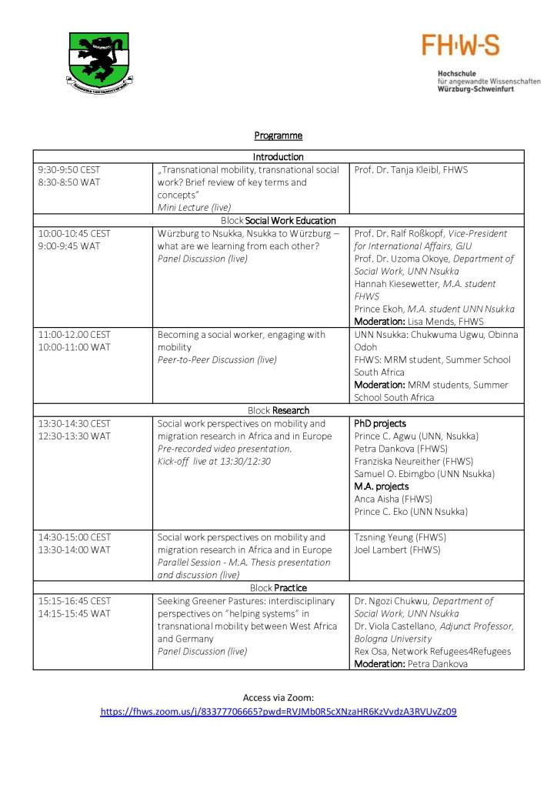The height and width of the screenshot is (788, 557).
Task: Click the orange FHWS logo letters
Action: pos(460,45)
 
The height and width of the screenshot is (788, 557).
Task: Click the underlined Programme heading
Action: pos(278,135)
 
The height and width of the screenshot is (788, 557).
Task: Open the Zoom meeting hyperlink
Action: pos(278,712)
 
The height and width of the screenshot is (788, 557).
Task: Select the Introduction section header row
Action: pos(278,157)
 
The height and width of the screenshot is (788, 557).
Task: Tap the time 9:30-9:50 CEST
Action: pos(69,169)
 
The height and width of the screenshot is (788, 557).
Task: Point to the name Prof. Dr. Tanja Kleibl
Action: pos(411,169)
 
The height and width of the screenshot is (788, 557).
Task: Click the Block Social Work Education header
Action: pos(278,221)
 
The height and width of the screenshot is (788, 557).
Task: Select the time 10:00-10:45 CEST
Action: pos(74,233)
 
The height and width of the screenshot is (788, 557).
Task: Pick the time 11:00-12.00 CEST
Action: pos(74,335)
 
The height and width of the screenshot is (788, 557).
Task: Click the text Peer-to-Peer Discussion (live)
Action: pos(217,359)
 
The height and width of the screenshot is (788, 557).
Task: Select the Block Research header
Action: pos(278,410)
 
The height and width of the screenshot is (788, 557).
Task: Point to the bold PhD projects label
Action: pos(380,423)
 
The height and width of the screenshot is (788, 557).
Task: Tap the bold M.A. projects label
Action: pos(382,486)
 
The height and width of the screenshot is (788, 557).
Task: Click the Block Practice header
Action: pos(278,588)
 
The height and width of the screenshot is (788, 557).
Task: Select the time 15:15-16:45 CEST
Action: pos(74,600)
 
